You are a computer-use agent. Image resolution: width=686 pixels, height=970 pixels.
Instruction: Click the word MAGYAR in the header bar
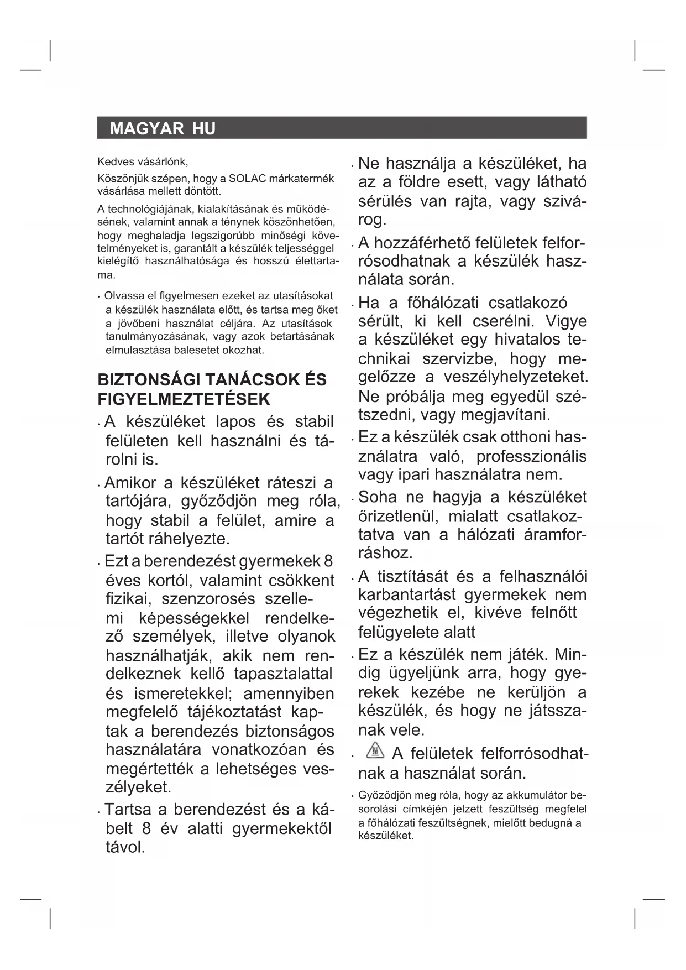click(x=146, y=129)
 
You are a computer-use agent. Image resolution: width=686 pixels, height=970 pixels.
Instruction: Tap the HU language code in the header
click(x=204, y=129)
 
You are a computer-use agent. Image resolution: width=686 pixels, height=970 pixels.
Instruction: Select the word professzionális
click(x=531, y=457)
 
